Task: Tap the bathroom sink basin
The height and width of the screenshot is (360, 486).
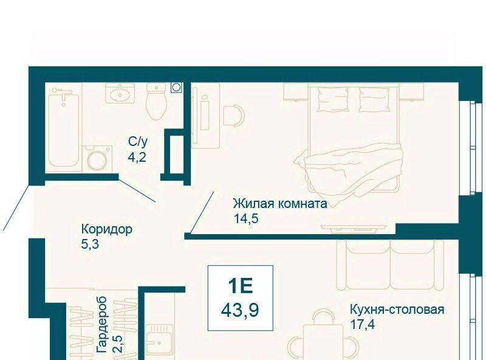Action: [x=120, y=95]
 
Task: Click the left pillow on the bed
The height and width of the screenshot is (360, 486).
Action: [x=332, y=99]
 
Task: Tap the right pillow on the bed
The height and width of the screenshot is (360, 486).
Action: [x=374, y=99]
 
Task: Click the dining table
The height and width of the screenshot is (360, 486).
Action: [x=323, y=342]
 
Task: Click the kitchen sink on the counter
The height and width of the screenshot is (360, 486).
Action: [x=159, y=342]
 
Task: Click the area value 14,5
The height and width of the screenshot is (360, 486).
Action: [x=246, y=219]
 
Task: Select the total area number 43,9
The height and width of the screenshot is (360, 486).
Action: [x=240, y=310]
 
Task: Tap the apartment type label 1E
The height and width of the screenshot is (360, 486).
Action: [x=241, y=286]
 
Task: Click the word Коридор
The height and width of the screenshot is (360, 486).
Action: [x=107, y=229]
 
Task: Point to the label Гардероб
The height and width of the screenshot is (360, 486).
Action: [x=101, y=324]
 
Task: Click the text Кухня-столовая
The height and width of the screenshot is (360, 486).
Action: [x=397, y=310]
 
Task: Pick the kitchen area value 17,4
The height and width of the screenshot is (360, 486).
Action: [x=362, y=325]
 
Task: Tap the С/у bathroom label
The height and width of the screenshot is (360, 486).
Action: [x=139, y=142]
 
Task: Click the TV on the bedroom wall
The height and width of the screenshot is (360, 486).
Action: [x=354, y=228]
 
